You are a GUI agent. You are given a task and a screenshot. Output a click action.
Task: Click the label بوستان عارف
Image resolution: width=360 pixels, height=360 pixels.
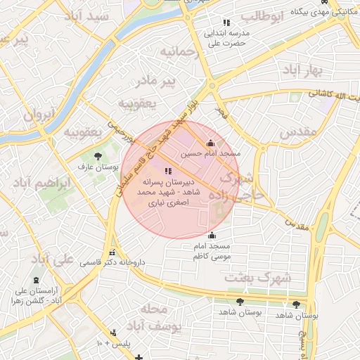pos(99,166)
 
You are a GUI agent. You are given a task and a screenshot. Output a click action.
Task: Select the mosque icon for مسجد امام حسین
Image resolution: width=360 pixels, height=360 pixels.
pos(211,143)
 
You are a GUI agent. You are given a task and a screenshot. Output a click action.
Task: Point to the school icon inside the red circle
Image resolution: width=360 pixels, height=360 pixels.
pos(167,172)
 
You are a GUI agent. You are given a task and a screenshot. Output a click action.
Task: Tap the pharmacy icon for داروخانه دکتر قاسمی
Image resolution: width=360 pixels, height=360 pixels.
pos(111,253)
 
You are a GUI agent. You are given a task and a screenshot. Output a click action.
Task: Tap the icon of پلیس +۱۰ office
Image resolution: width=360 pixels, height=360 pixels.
pos(113,333)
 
